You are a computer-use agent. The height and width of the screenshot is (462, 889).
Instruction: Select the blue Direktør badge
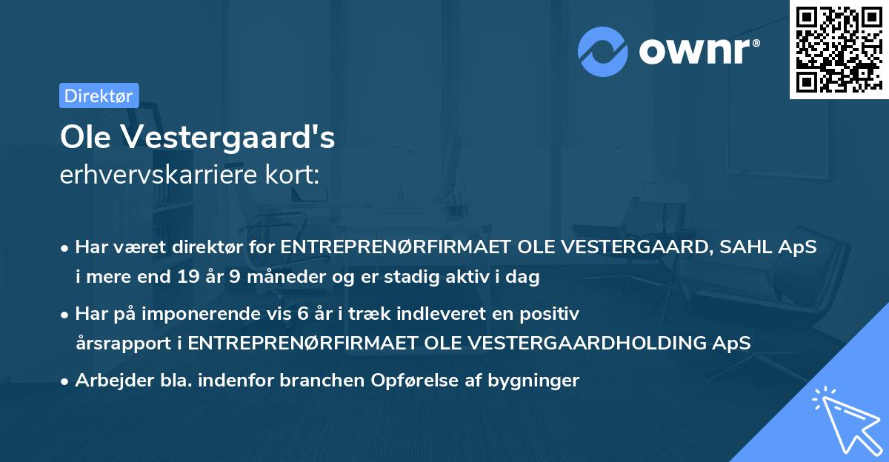click(99, 96)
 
